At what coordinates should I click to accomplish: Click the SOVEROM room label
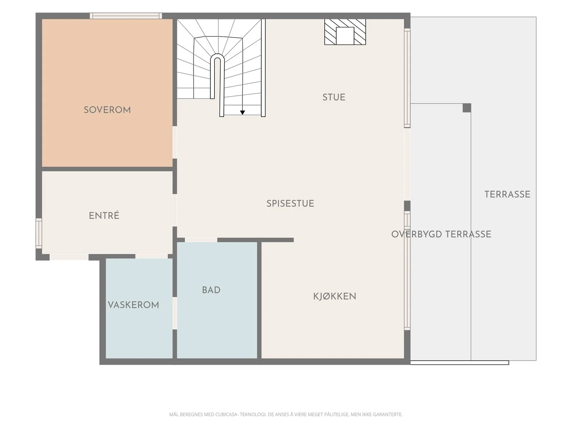[x=107, y=110]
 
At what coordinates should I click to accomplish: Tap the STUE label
[x=334, y=97]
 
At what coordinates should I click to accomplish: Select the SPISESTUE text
[x=290, y=203]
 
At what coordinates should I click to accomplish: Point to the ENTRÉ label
[x=104, y=216]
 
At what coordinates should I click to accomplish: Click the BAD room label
[x=211, y=290]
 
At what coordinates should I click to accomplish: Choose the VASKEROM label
[x=133, y=305]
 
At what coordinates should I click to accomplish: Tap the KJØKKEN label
[x=335, y=296]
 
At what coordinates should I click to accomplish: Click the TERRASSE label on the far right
[x=507, y=194]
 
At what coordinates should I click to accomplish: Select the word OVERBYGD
[x=416, y=234]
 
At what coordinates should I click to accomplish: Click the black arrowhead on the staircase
[x=242, y=113]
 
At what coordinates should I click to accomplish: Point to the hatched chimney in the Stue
[x=345, y=32]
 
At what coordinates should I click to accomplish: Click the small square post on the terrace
[x=467, y=108]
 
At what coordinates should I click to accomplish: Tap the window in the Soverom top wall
[x=126, y=16]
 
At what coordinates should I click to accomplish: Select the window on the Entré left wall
[x=39, y=233]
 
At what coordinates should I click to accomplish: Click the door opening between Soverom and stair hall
[x=174, y=143]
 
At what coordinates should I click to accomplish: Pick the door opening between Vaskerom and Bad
[x=174, y=314]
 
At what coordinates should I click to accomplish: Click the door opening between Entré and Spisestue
[x=174, y=210]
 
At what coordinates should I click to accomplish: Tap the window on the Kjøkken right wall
[x=407, y=271]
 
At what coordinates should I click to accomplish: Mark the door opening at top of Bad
[x=201, y=240]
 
